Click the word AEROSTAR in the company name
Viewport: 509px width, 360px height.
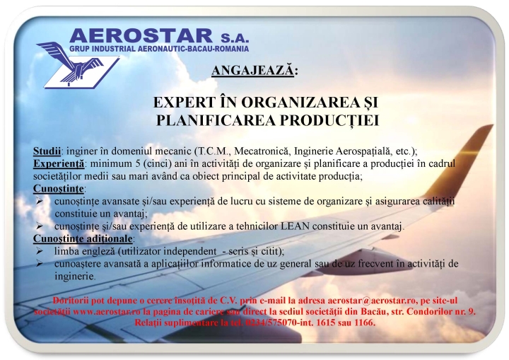click(x=141, y=36)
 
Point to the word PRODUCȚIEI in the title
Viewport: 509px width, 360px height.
click(x=329, y=120)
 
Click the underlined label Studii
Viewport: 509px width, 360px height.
click(x=47, y=151)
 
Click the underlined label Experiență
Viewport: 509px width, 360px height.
click(x=59, y=163)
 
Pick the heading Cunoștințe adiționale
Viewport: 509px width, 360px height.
click(x=83, y=238)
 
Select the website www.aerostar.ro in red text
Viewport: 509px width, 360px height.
click(x=107, y=312)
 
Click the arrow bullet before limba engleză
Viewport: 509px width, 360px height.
click(x=40, y=251)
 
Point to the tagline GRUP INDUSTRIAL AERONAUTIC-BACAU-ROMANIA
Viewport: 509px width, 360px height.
click(x=159, y=49)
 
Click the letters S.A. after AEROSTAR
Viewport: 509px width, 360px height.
click(x=235, y=37)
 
